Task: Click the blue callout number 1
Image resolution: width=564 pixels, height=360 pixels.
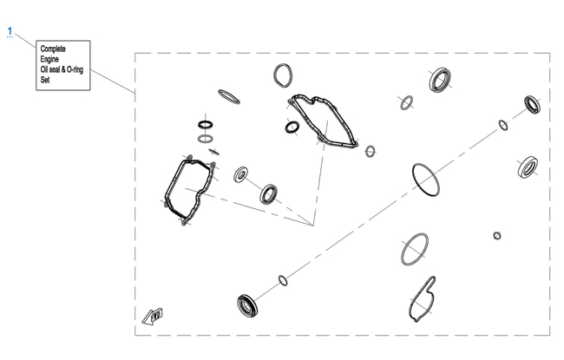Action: click(x=10, y=31)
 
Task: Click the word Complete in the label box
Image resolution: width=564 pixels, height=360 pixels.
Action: click(x=53, y=49)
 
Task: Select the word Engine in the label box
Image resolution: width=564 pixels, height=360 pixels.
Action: click(x=49, y=59)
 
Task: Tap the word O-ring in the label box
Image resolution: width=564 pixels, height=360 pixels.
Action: click(x=75, y=69)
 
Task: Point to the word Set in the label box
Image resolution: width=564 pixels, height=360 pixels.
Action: click(x=45, y=80)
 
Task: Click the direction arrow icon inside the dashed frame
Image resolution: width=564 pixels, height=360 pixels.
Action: click(x=153, y=316)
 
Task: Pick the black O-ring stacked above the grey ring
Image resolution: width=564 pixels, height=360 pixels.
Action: click(x=206, y=125)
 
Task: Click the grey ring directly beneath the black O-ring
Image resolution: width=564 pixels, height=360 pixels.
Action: click(x=206, y=139)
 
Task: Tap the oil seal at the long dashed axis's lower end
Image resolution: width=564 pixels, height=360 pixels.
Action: click(x=247, y=305)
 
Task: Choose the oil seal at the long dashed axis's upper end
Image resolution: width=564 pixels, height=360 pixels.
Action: click(x=533, y=105)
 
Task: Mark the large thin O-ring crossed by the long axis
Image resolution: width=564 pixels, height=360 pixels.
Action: click(x=415, y=180)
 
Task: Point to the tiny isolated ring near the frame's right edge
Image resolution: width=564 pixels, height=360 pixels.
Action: click(x=497, y=236)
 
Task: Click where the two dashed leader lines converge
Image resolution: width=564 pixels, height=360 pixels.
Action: click(x=313, y=226)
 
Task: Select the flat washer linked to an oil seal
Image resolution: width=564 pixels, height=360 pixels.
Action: click(x=240, y=174)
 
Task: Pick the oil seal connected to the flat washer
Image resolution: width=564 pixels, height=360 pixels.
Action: click(x=269, y=194)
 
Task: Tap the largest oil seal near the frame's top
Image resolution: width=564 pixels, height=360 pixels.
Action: click(x=440, y=80)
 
